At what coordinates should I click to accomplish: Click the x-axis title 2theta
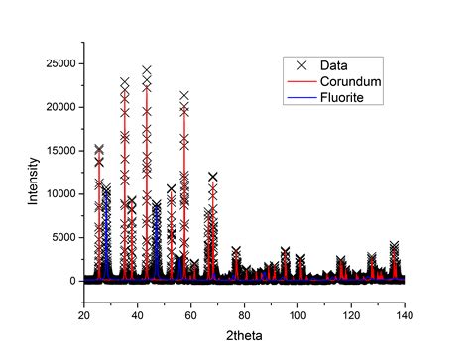(243, 338)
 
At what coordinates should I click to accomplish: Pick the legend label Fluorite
(340, 96)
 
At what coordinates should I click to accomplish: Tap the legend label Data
(334, 64)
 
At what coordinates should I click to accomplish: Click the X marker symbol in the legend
(299, 64)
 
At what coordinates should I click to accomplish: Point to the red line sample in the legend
(299, 80)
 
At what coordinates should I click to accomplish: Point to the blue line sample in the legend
(299, 96)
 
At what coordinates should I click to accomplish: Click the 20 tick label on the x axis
(84, 315)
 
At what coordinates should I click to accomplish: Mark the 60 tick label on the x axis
(190, 315)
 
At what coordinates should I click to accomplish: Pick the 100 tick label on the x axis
(297, 315)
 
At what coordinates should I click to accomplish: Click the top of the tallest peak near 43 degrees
(147, 70)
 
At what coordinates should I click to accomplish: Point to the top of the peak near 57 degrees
(184, 96)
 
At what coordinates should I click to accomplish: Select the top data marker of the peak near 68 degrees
(213, 177)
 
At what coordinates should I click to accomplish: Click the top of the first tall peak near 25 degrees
(99, 149)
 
